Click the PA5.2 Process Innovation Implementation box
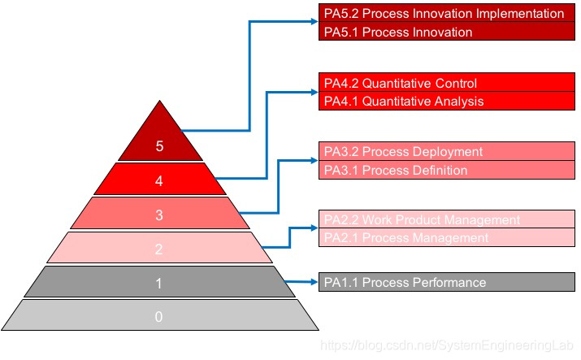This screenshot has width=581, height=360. (x=448, y=13)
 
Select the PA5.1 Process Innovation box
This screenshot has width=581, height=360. (x=448, y=33)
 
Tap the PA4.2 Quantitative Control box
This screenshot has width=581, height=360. (x=448, y=83)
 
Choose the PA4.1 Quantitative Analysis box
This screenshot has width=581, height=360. (x=448, y=102)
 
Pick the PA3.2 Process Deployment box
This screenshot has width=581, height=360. (x=448, y=152)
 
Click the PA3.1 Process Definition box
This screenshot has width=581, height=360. (x=448, y=170)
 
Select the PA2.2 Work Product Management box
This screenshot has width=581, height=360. (x=448, y=219)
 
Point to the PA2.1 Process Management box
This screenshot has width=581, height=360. (x=448, y=238)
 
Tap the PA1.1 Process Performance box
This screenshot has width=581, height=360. (x=448, y=282)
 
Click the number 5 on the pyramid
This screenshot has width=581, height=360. (x=159, y=146)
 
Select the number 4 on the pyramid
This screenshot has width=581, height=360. (x=159, y=181)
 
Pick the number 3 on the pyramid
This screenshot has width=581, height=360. (x=159, y=215)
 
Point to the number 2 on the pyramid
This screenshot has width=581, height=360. (x=159, y=249)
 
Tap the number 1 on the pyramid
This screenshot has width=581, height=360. (x=159, y=284)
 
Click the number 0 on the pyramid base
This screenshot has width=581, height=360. (x=159, y=317)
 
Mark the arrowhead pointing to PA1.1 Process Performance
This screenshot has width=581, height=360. (x=314, y=282)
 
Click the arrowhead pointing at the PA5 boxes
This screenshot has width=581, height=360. (x=314, y=22)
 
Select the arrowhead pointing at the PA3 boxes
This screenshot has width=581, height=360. (x=314, y=161)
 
